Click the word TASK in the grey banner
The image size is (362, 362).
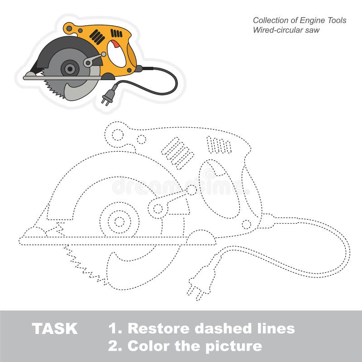click(55, 329)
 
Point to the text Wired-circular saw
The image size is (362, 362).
click(286, 30)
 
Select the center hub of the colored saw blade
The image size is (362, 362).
click(70, 69)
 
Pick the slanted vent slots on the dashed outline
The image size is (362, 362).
click(177, 152)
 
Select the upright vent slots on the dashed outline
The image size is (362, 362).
click(219, 145)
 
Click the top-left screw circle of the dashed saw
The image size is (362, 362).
click(117, 134)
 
